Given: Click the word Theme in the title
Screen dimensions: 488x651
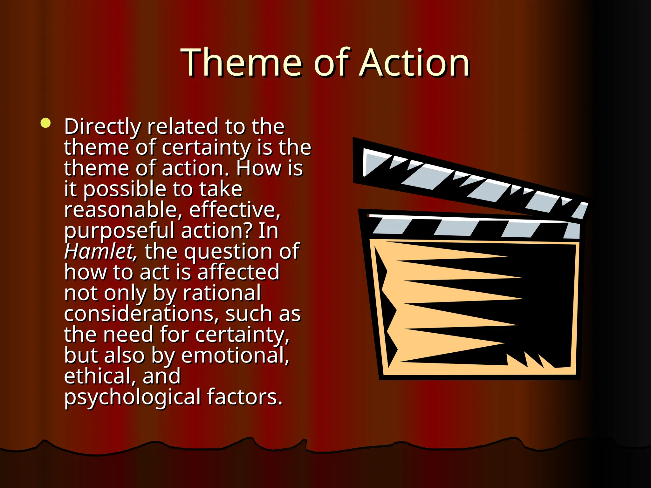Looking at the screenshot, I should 241,63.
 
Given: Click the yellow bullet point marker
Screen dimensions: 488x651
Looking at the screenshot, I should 46,123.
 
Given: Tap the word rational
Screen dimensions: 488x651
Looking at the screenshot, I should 222,293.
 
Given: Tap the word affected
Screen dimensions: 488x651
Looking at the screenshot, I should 238,272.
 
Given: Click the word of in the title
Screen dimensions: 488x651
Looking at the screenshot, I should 332,63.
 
